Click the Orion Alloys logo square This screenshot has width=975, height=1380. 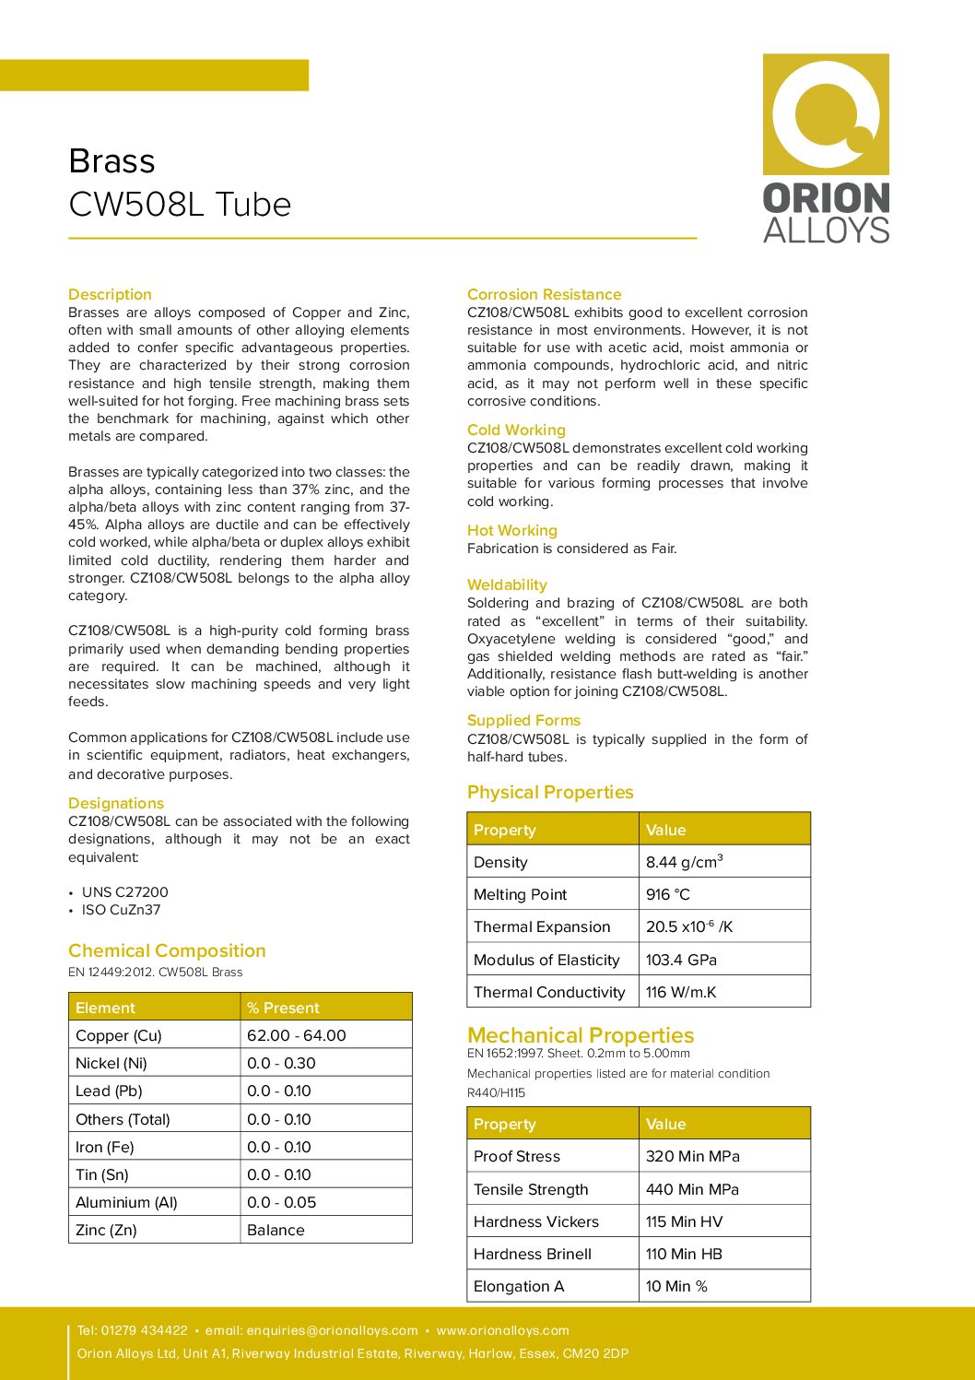pos(826,114)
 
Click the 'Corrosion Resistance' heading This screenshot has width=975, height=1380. pos(544,295)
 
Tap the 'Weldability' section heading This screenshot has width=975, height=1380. pos(507,585)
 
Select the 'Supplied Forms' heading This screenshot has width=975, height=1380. pos(523,721)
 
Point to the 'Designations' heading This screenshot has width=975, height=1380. pos(116,804)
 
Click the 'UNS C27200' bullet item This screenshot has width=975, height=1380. pos(124,892)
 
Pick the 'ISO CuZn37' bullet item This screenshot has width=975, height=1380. pos(121,910)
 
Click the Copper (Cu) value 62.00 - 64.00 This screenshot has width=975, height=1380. pos(296,1036)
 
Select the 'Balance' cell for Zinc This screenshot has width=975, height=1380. pos(276,1231)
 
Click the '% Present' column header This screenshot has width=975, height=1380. pos(283,1008)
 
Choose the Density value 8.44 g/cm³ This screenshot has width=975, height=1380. pos(684,863)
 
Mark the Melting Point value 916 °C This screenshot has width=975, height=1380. pos(668,895)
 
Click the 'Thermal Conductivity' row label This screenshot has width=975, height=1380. pos(549,993)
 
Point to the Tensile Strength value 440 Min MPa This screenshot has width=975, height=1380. pos(692,1190)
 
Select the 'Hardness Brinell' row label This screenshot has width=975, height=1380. pos(533,1255)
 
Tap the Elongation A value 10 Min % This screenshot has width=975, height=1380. pos(676,1287)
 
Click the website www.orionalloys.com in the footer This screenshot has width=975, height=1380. pos(502,1331)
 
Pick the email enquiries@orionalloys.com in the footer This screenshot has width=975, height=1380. pos(332,1331)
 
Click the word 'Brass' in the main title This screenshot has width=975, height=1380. pos(112,161)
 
